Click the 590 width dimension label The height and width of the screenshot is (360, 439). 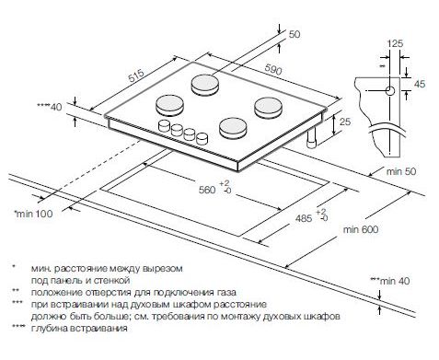(x=273, y=70)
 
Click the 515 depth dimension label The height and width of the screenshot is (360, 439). (x=136, y=75)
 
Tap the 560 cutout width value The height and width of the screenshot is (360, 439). (x=207, y=190)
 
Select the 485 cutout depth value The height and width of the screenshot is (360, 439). (x=304, y=218)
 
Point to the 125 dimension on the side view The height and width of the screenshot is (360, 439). (x=395, y=43)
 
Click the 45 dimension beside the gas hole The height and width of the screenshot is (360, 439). (x=420, y=84)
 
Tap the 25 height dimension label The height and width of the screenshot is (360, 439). (x=345, y=122)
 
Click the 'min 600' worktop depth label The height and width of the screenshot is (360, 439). (x=361, y=229)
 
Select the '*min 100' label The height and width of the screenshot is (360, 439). (x=33, y=214)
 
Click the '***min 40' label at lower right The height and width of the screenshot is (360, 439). (x=390, y=281)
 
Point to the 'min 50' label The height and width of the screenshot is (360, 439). (x=401, y=171)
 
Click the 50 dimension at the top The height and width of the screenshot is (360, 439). (x=295, y=34)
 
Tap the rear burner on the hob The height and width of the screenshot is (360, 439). (x=205, y=85)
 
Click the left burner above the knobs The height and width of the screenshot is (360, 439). (x=170, y=105)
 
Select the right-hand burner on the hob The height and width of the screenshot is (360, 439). (x=268, y=107)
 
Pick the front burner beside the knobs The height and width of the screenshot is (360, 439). (x=233, y=128)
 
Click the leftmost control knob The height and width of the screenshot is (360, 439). (x=164, y=126)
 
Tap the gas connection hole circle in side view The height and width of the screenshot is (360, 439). (x=390, y=91)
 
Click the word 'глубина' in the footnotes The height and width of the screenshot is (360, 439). (x=50, y=329)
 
